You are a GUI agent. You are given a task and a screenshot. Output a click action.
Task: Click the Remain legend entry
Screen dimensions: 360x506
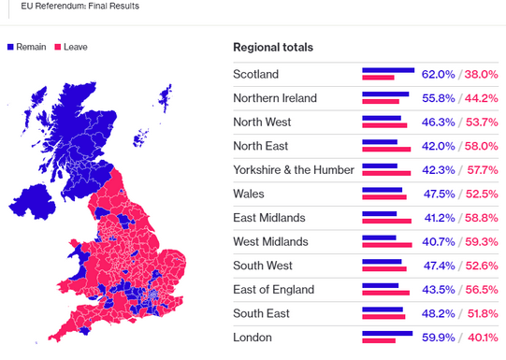tap(29, 46)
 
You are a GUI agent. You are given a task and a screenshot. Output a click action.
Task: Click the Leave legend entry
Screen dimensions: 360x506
tap(70, 46)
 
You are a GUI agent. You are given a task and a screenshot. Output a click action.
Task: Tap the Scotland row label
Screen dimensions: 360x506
tap(255, 74)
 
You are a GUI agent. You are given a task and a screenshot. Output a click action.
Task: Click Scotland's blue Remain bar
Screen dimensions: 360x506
tap(387, 70)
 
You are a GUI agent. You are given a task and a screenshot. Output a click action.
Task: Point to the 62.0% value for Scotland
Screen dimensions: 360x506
tap(438, 74)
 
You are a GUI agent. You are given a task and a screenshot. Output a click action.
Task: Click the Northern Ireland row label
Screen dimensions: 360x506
tap(275, 98)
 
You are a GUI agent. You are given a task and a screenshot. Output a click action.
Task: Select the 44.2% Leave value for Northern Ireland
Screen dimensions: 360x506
tap(482, 98)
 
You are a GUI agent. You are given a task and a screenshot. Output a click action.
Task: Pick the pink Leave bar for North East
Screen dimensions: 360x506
tap(386, 150)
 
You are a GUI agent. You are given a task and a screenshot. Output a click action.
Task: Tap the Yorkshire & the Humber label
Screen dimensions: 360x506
tap(294, 170)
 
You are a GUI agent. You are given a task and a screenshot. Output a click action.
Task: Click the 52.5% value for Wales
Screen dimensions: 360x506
tap(482, 194)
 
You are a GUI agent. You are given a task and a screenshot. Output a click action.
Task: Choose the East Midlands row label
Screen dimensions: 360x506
tap(268, 218)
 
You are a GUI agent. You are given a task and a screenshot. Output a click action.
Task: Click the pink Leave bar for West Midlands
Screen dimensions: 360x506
tap(387, 246)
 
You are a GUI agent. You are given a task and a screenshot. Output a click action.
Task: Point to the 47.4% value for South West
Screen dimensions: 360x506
tap(438, 266)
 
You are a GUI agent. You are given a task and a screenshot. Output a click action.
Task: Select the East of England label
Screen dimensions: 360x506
tap(273, 290)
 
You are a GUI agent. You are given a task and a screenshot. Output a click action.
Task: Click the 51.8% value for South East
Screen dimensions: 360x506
tap(482, 313)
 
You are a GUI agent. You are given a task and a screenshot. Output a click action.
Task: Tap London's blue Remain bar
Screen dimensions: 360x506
tap(386, 333)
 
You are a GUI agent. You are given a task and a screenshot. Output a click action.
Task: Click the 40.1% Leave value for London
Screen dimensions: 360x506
tap(482, 338)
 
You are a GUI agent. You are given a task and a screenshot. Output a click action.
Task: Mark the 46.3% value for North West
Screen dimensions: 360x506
tap(438, 122)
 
